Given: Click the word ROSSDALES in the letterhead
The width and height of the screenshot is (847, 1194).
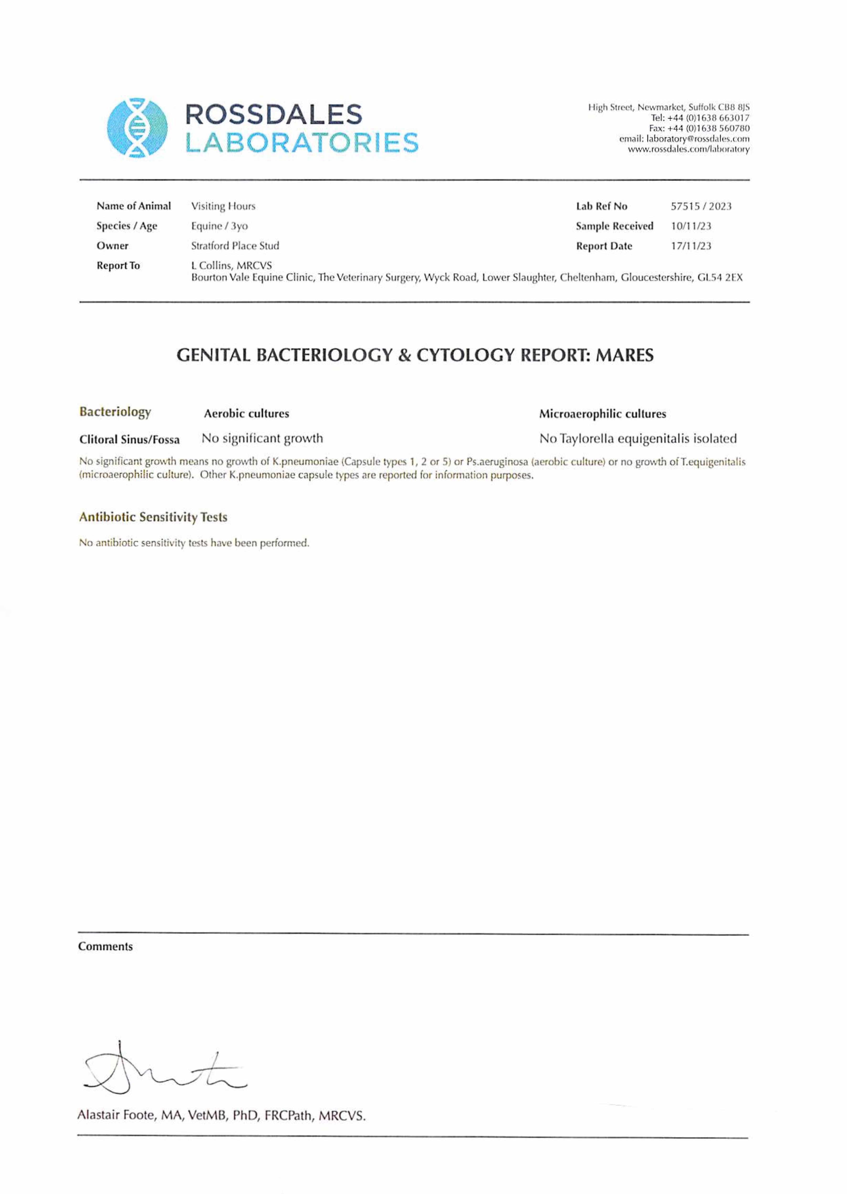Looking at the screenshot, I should (274, 114).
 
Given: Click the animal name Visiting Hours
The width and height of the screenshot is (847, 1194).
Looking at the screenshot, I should (223, 206).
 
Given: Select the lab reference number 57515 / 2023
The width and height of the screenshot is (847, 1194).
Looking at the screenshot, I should (701, 206).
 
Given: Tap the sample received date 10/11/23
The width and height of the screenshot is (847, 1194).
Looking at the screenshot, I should (690, 226).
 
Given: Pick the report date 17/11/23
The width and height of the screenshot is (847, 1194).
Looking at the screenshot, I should (690, 246).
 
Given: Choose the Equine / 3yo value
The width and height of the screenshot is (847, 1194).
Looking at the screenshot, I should (219, 226).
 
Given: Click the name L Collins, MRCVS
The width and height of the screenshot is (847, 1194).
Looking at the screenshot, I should (232, 266).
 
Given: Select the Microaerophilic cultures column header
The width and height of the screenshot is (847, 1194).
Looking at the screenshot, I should (602, 414).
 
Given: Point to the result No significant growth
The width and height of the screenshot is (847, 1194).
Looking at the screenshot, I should (262, 438).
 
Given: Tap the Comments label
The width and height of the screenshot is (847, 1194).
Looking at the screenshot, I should (105, 947).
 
